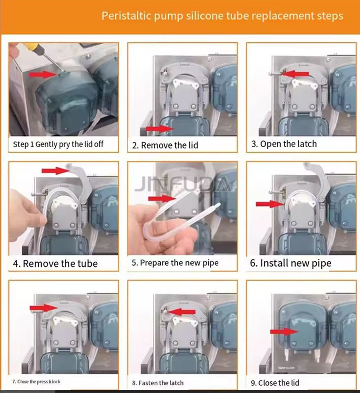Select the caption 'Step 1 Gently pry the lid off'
pyautogui.click(x=58, y=144)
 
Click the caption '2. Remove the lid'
pyautogui.click(x=165, y=145)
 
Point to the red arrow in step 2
pyautogui.click(x=159, y=129)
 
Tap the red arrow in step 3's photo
pyautogui.click(x=295, y=74)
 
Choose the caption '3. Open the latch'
pyautogui.click(x=284, y=144)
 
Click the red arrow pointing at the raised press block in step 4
pyautogui.click(x=55, y=171)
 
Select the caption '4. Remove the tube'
pyautogui.click(x=55, y=263)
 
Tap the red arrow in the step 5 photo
pyautogui.click(x=162, y=199)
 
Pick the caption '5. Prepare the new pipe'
pyautogui.click(x=175, y=263)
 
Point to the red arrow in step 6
pyautogui.click(x=270, y=204)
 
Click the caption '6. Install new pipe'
pyautogui.click(x=291, y=263)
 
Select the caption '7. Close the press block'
pyautogui.click(x=36, y=382)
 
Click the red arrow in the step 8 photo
pyautogui.click(x=181, y=312)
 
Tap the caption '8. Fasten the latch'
pyautogui.click(x=158, y=383)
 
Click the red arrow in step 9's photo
pyautogui.click(x=284, y=332)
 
